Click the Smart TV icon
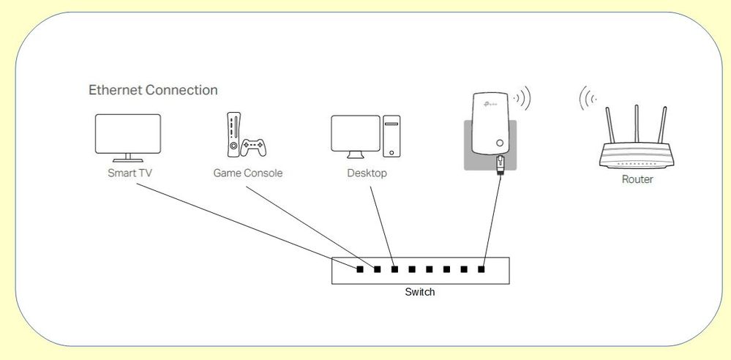[x=127, y=136]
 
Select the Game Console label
[x=247, y=173]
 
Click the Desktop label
[x=367, y=173]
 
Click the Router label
[x=637, y=179]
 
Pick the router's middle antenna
[x=637, y=124]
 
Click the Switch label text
[x=419, y=292]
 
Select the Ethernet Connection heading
[x=153, y=90]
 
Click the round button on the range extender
[x=500, y=143]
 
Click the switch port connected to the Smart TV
[x=360, y=269]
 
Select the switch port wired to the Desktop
[x=394, y=269]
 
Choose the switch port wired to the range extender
[x=481, y=269]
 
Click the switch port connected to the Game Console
[x=378, y=269]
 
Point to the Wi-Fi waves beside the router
[x=586, y=100]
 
